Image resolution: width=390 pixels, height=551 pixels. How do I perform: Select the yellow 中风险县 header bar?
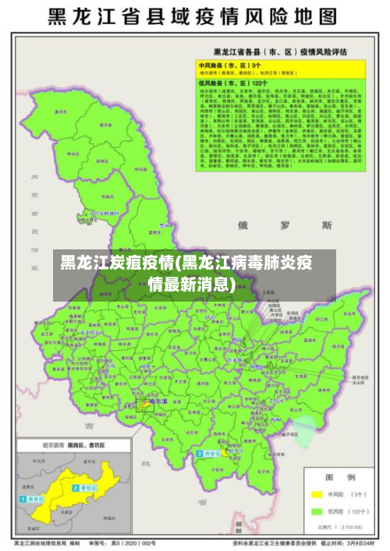270,66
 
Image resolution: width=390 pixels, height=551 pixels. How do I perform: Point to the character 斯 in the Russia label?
326,225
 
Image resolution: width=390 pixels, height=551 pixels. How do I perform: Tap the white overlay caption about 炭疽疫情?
194,271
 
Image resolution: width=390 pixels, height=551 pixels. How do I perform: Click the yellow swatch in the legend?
317,494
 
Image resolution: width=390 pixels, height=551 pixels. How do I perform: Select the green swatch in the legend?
317,512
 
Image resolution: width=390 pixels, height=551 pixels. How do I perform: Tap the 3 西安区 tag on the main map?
209,453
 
